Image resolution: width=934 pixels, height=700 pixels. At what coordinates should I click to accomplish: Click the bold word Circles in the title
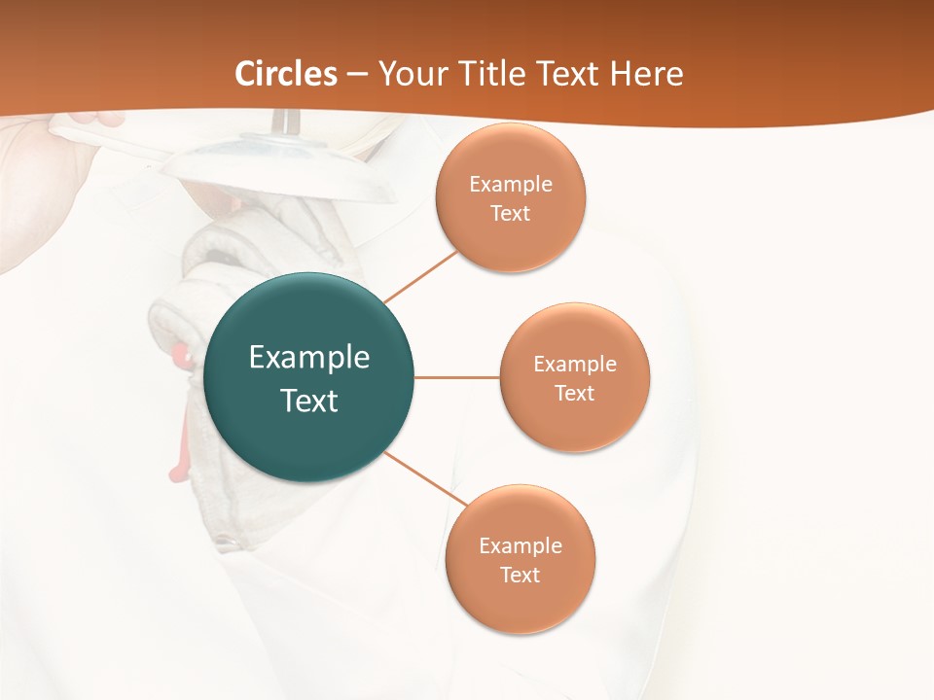pos(286,74)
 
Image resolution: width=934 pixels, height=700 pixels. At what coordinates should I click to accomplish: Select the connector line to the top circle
pos(421,276)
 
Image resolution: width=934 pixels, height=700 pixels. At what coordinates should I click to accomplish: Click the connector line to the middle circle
pos(456,377)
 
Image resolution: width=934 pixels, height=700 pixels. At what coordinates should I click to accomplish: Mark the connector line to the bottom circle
pos(427,480)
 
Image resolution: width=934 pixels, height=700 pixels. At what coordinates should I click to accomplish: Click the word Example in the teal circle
pos(309,358)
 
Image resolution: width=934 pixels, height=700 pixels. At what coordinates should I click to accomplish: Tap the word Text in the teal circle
pos(309,401)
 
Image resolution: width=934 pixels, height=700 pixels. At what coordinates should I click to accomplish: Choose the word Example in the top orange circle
pos(511,185)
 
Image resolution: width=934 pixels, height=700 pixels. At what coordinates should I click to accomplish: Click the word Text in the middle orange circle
pos(575,393)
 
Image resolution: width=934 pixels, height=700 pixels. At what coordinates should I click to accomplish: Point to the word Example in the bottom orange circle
pos(521,545)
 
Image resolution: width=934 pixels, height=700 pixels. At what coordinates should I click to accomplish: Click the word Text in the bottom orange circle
pos(521,575)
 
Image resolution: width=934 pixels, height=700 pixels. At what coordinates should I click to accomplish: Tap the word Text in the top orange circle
pos(511,213)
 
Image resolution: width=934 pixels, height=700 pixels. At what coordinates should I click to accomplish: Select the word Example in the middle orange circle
pos(575,365)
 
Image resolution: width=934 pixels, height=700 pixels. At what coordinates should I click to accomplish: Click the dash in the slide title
pos(357,75)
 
